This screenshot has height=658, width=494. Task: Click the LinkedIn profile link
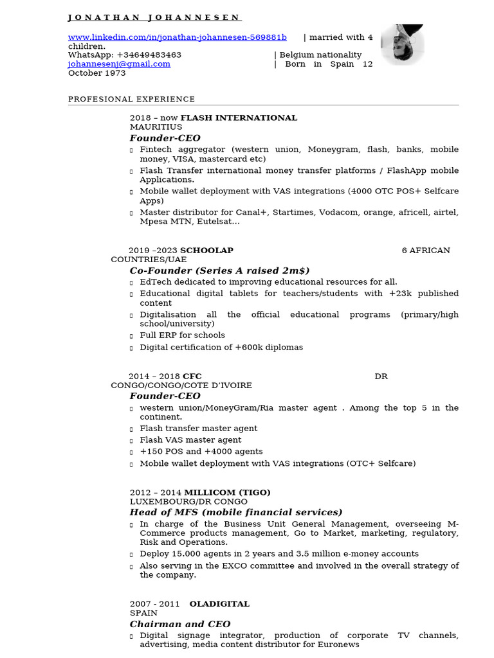(x=178, y=37)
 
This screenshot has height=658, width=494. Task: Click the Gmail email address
(x=120, y=64)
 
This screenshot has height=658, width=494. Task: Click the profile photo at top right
(x=402, y=45)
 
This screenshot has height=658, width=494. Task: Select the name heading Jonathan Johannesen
(x=154, y=17)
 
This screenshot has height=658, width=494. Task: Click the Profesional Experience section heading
(x=131, y=99)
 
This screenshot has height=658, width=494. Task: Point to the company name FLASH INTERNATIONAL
(x=239, y=118)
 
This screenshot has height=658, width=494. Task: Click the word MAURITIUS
(x=156, y=127)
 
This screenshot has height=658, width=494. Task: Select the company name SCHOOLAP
(x=206, y=250)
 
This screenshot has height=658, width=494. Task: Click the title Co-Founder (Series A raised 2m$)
(x=219, y=271)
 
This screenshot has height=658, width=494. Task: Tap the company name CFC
(x=192, y=376)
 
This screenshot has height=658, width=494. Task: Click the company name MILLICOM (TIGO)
(x=227, y=492)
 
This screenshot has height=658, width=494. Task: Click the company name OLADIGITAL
(x=219, y=604)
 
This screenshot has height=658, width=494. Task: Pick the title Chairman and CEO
(x=179, y=624)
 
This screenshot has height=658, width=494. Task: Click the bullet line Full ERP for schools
(x=182, y=335)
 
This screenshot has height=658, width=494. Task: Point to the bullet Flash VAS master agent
(x=190, y=440)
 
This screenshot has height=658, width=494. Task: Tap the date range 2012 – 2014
(x=156, y=492)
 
